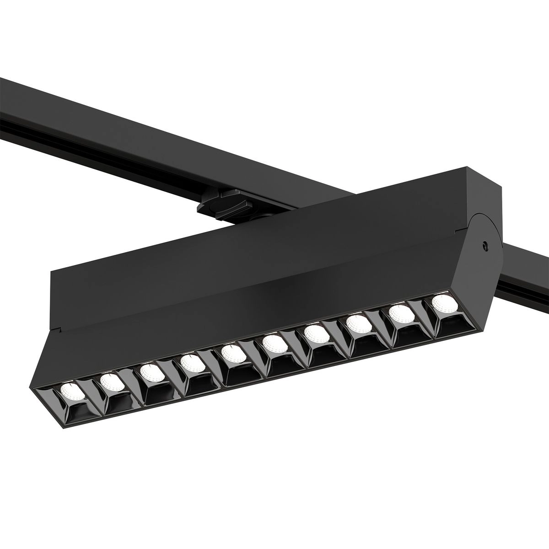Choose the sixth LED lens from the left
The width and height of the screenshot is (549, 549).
point(274,343)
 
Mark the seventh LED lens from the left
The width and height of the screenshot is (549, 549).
point(316,333)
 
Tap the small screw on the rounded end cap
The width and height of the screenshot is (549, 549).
point(483,246)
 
